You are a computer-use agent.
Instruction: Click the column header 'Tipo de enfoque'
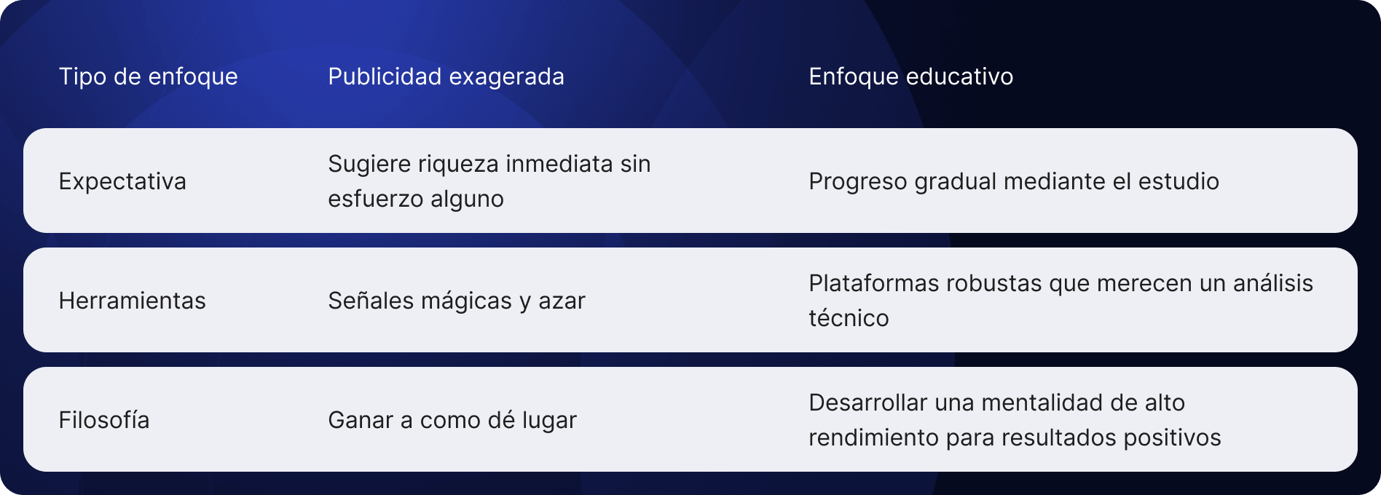pos(148,76)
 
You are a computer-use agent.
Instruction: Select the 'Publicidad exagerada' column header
pos(446,76)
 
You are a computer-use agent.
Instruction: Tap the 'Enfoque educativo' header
pos(910,76)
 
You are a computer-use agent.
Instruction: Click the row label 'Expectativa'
pos(122,181)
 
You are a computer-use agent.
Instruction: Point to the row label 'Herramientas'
pos(132,301)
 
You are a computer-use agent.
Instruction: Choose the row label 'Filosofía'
pos(104,420)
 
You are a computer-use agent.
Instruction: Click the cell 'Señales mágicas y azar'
pos(456,301)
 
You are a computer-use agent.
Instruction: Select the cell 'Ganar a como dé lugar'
pos(452,420)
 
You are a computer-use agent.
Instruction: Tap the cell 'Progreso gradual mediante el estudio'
pos(1013,181)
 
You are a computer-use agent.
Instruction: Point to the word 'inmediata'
pos(559,164)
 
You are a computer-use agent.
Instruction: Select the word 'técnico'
pos(849,318)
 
